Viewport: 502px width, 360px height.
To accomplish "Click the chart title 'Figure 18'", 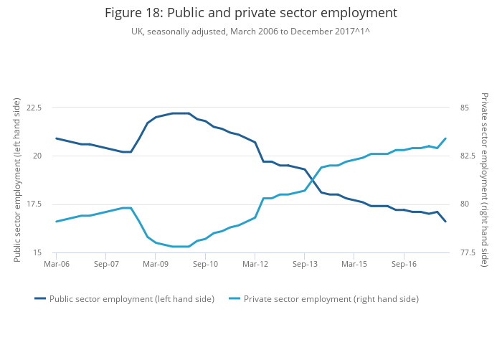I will (x=250, y=13).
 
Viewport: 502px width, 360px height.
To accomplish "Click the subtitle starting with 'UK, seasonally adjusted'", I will (x=250, y=32).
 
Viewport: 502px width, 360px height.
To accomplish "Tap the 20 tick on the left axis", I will (x=37, y=156).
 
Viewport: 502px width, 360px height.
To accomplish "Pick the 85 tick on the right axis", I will (x=464, y=108).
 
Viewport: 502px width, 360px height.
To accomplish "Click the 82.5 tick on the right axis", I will (x=467, y=156).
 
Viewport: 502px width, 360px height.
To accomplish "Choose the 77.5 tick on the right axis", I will (x=467, y=252).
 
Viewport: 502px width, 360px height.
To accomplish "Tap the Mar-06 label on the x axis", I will (x=56, y=264).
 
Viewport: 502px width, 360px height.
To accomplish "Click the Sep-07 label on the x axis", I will (x=105, y=264).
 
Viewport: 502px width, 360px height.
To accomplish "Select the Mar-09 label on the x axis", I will (x=156, y=264).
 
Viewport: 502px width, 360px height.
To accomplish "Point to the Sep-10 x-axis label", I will (x=205, y=264).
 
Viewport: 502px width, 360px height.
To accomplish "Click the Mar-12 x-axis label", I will (x=255, y=264).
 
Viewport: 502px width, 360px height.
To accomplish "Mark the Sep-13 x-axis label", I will (x=304, y=264).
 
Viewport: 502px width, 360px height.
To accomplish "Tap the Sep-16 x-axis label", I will (x=404, y=264).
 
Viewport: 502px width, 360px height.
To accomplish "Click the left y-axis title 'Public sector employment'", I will (x=17, y=179).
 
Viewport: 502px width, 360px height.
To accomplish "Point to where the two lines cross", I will (x=313, y=179).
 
